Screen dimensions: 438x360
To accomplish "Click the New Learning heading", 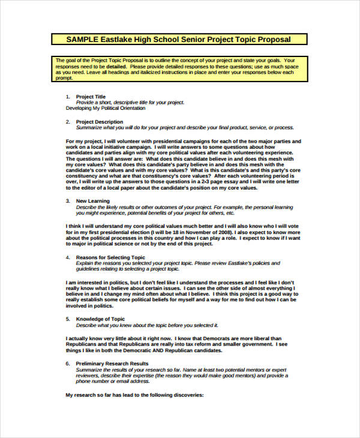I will (x=93, y=200).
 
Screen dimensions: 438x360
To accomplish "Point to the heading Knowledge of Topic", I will (x=101, y=319).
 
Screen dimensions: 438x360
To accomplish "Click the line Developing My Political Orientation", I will (x=105, y=109).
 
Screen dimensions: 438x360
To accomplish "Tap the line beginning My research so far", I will (x=134, y=395).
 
